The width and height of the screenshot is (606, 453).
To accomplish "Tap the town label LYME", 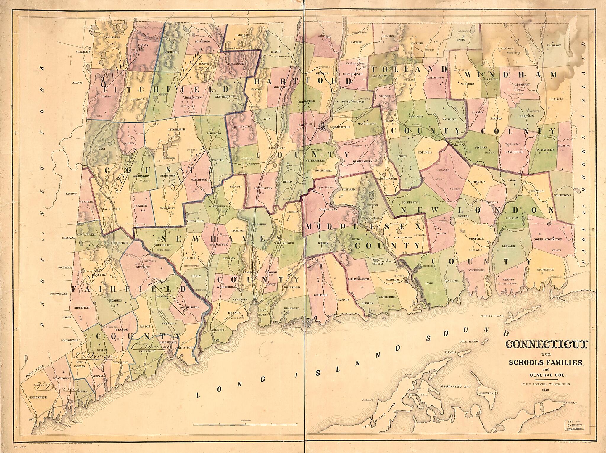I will [x=429, y=283].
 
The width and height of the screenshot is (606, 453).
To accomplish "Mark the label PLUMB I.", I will [x=451, y=353].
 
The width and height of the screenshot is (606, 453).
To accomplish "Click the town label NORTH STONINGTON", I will [x=547, y=239].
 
